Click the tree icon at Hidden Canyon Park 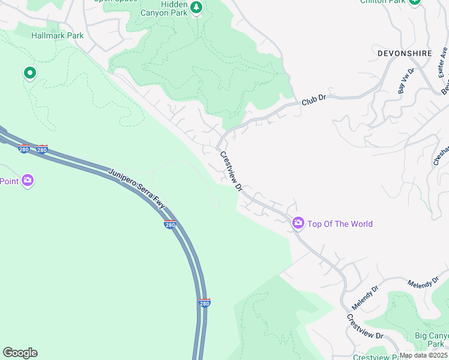point(196,7)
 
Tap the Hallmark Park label point(58,36)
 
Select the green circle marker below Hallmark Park point(29,73)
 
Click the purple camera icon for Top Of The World point(298,224)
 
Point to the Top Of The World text point(340,224)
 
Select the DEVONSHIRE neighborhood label point(405,53)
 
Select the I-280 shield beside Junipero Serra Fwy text point(169,224)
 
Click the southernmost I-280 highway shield point(204,303)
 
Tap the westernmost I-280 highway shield point(24,148)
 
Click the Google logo point(20,353)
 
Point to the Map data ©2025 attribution point(423,355)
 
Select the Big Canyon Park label point(430,340)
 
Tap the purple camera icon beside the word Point point(27,181)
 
